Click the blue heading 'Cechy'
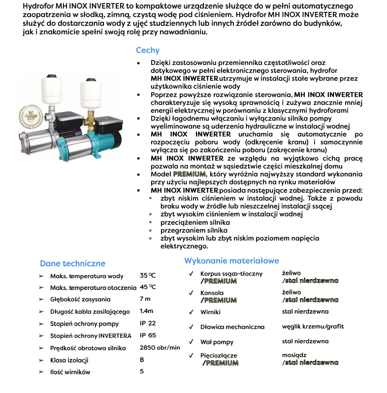point(148,50)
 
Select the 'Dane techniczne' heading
point(72,263)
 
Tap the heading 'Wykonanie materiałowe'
point(231,260)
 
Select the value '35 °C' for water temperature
point(148,276)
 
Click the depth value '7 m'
point(145,299)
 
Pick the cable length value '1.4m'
point(147,311)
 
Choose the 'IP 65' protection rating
point(148,335)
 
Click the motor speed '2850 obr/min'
point(160,348)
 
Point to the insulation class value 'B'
point(142,359)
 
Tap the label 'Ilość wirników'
point(70,372)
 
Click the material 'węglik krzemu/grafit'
point(313,326)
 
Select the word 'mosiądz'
point(294,355)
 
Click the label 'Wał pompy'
point(217,342)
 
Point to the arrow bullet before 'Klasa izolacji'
point(41,360)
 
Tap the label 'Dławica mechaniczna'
point(232,327)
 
